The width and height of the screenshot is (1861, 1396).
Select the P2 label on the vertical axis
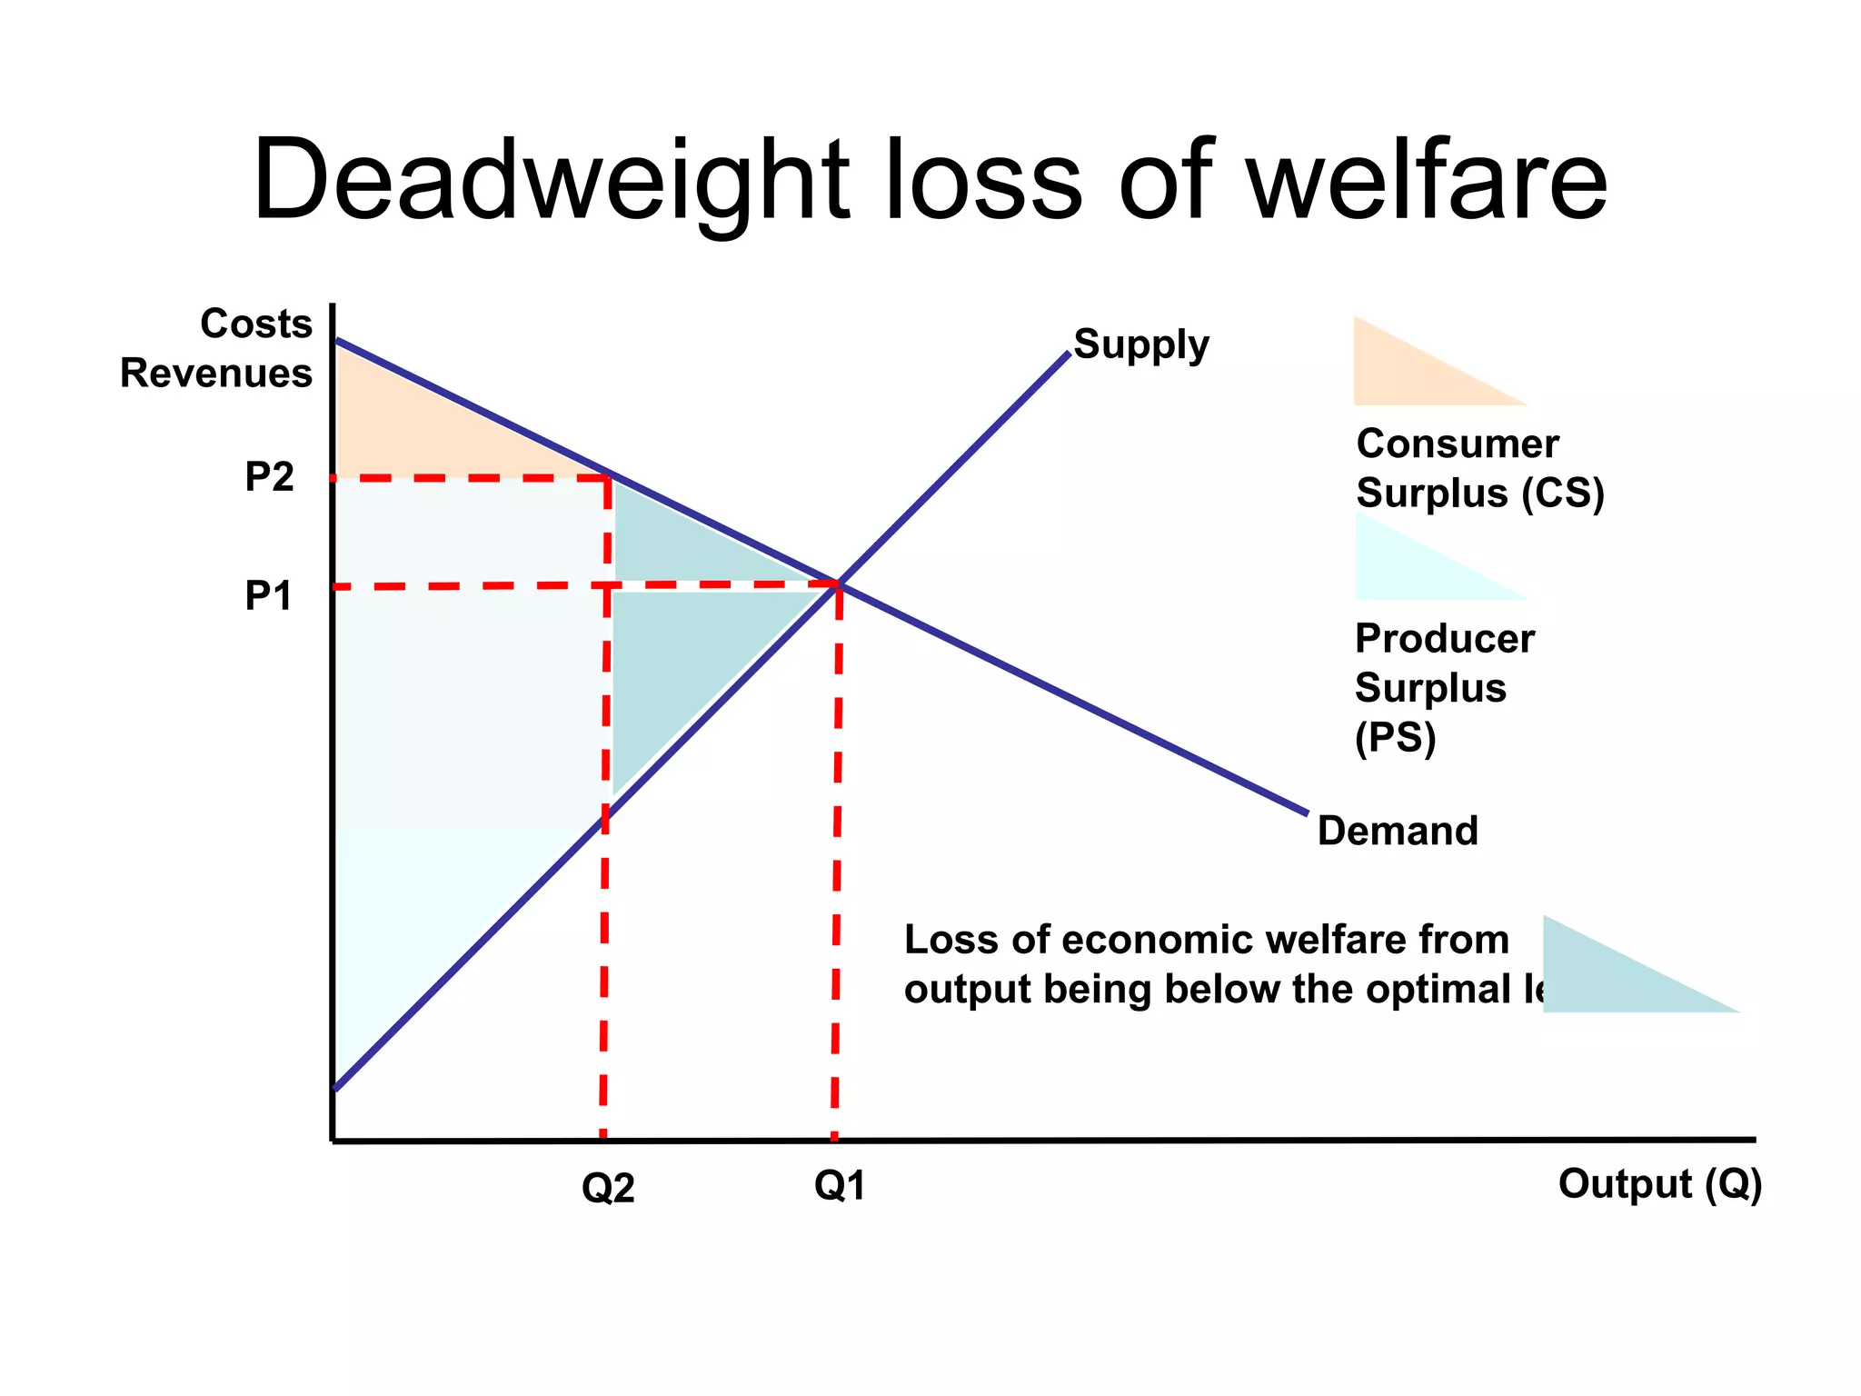tap(269, 477)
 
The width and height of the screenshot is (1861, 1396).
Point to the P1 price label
tap(269, 596)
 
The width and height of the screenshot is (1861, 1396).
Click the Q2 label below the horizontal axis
tap(608, 1188)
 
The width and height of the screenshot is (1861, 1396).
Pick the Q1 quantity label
tap(840, 1186)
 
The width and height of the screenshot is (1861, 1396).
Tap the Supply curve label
tap(1141, 345)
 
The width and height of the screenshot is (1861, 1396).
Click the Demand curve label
tap(1398, 831)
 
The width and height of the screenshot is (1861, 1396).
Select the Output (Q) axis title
tap(1660, 1184)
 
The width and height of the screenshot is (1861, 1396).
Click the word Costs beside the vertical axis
tap(256, 324)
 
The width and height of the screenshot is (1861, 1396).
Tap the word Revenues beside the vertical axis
tap(216, 374)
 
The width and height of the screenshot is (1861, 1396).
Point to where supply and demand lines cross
tap(839, 583)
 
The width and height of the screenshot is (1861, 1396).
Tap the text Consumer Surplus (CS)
tap(1479, 469)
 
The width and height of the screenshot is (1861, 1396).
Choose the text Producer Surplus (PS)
tap(1443, 688)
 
